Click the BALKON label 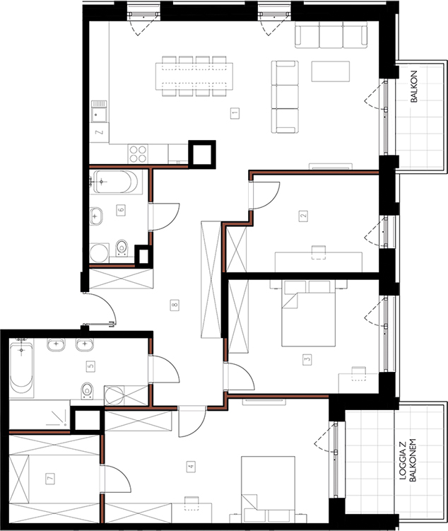point(414,86)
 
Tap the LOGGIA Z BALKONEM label point(408,460)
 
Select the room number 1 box point(235,112)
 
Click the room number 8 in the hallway point(175,305)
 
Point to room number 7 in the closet point(50,479)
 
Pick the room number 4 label point(191,467)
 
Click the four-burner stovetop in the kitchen point(138,153)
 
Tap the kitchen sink point(99,111)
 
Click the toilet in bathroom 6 point(122,248)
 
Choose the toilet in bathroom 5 point(88,391)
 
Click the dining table point(194,76)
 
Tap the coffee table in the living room point(331,71)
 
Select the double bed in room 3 point(308,313)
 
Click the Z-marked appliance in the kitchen point(100,132)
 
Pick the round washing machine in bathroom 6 point(100,253)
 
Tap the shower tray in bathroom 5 point(40,415)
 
